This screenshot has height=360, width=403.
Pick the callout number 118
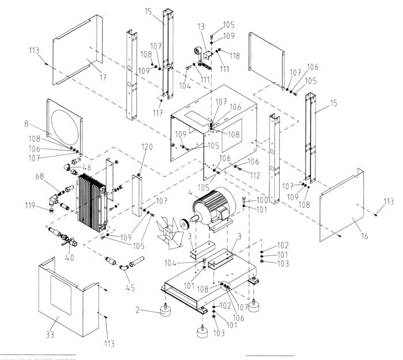(x=235, y=56)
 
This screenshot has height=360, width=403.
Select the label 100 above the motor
(x=263, y=200)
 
